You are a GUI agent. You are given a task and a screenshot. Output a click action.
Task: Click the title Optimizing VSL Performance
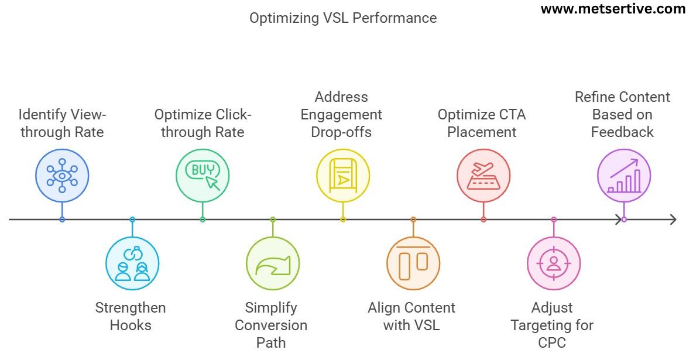pyautogui.click(x=343, y=18)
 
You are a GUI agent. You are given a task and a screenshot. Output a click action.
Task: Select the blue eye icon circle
pyautogui.click(x=62, y=175)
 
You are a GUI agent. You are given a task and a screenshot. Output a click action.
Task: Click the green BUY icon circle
pyautogui.click(x=203, y=175)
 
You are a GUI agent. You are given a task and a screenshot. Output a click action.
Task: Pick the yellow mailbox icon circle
pyautogui.click(x=343, y=175)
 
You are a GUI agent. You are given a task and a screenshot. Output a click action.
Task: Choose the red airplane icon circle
pyautogui.click(x=483, y=175)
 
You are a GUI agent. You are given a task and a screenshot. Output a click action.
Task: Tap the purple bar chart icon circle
pyautogui.click(x=624, y=175)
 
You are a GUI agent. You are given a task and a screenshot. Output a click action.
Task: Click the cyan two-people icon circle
pyautogui.click(x=132, y=264)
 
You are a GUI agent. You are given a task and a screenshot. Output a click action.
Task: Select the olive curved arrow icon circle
pyautogui.click(x=273, y=264)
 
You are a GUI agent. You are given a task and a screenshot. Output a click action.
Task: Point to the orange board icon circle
pyautogui.click(x=413, y=264)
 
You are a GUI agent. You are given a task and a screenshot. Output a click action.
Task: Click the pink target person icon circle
pyautogui.click(x=554, y=264)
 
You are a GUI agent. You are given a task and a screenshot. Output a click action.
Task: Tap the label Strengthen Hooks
pyautogui.click(x=131, y=316)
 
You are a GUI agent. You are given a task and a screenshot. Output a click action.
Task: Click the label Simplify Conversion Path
pyautogui.click(x=271, y=324)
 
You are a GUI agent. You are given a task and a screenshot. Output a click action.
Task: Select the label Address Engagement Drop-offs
pyautogui.click(x=341, y=114)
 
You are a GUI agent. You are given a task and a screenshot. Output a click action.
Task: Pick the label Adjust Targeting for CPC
pyautogui.click(x=552, y=324)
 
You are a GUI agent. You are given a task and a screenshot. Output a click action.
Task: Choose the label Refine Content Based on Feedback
pyautogui.click(x=622, y=114)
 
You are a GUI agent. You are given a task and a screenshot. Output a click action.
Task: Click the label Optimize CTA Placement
pyautogui.click(x=482, y=123)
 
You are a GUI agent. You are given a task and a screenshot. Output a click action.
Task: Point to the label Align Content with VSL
pyautogui.click(x=411, y=316)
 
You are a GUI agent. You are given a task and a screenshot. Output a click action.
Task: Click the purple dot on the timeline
pyautogui.click(x=624, y=220)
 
